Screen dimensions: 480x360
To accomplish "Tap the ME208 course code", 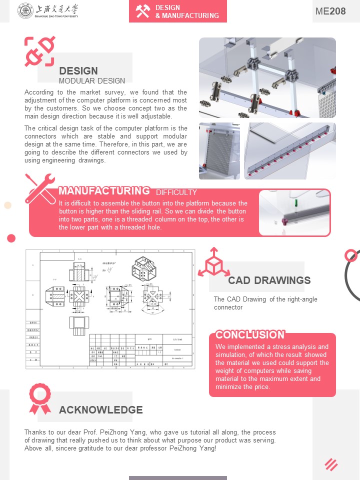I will point(330,11).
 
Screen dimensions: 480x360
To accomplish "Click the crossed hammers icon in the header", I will point(143,11).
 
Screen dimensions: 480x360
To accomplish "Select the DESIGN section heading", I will point(78,71).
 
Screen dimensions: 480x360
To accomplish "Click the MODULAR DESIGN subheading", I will point(92,80).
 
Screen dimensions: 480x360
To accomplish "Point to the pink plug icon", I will point(39,51).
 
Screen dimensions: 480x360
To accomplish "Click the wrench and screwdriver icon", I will point(40,187).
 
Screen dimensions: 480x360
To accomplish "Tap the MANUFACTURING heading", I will point(104,190).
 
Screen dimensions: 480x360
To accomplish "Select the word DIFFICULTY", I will point(176,192).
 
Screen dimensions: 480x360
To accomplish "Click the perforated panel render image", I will point(219,151).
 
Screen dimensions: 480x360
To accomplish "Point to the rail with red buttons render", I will point(290,151).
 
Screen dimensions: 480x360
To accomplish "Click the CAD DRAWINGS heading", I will point(269,280).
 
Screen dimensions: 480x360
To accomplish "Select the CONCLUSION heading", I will point(249,334).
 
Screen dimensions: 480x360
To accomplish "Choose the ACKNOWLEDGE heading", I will point(101,410).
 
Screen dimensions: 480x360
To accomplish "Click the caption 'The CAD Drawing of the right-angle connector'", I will point(265,303).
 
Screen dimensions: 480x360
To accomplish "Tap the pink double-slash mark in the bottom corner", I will point(331,464).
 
